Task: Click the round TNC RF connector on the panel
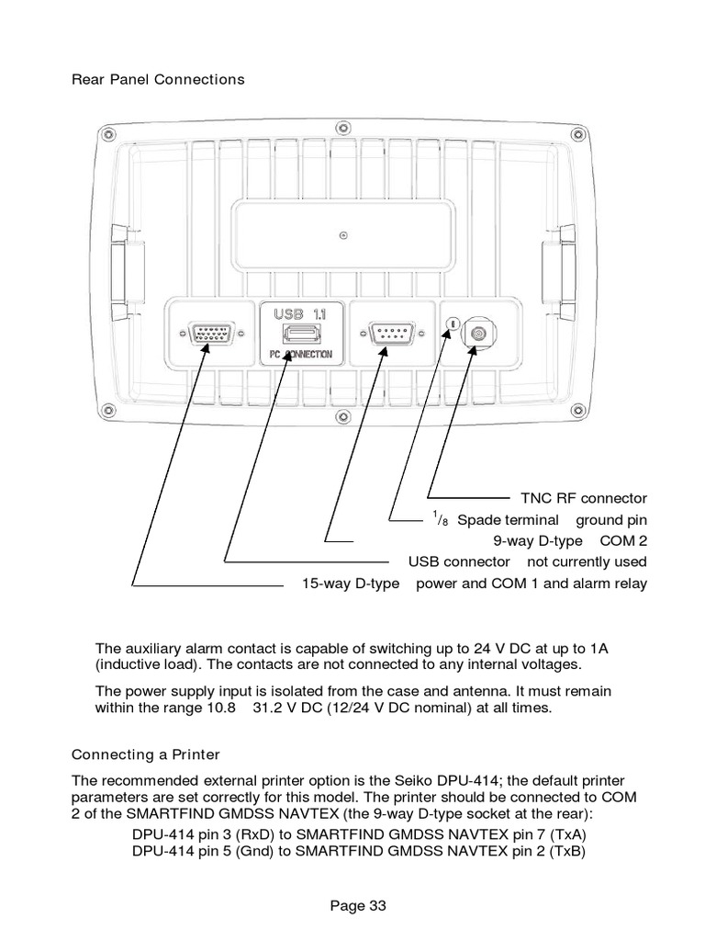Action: (477, 333)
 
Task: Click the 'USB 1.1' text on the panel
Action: (300, 313)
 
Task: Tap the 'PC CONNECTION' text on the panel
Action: (301, 354)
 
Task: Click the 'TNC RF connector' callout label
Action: (584, 498)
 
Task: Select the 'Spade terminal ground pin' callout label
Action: (540, 520)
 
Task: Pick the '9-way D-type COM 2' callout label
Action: (570, 540)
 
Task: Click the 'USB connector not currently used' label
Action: (527, 561)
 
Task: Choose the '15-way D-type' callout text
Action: (351, 584)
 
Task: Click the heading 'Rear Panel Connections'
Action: (159, 79)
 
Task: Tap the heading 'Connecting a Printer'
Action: (146, 754)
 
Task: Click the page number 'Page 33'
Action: (358, 905)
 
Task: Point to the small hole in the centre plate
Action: (342, 232)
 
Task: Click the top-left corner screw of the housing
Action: (109, 135)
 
